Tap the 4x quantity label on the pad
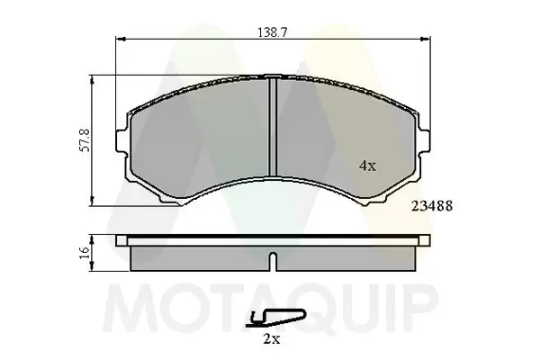pyautogui.click(x=367, y=166)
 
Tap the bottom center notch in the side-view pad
pyautogui.click(x=271, y=263)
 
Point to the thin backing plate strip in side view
pyautogui.click(x=271, y=240)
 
